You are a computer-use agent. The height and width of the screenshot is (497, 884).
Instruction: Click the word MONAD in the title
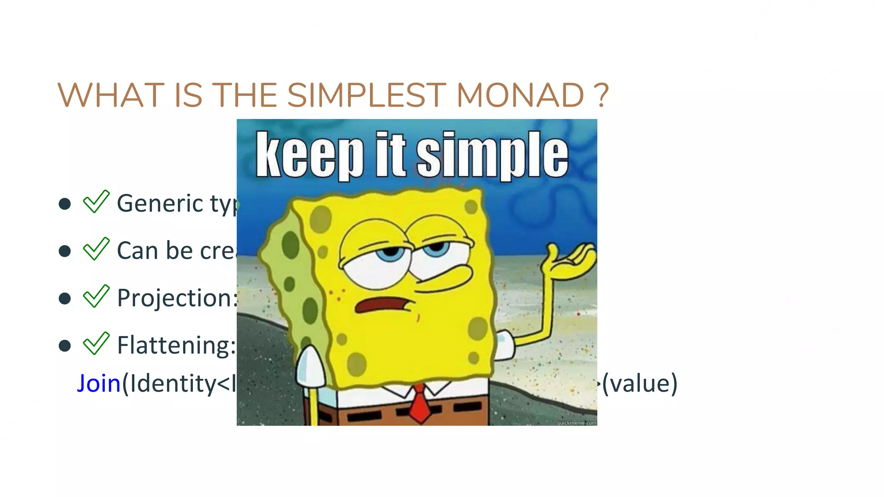[x=520, y=95]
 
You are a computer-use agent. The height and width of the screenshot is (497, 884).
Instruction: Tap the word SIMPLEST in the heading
[x=366, y=95]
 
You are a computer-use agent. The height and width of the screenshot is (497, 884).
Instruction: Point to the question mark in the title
[x=601, y=95]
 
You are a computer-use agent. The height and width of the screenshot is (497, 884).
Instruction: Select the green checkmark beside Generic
[x=96, y=202]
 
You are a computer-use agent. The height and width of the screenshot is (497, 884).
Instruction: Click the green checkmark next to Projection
[x=96, y=296]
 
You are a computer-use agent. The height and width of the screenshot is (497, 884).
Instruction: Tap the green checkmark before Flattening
[x=96, y=344]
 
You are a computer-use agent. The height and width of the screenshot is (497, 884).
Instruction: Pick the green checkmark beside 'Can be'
[x=96, y=249]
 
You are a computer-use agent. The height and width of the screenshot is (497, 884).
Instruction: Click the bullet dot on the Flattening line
[x=65, y=346]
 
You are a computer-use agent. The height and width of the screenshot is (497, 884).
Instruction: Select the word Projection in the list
[x=175, y=298]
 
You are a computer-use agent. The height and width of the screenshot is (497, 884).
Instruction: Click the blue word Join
[x=98, y=384]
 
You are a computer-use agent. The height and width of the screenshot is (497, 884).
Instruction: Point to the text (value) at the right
[x=640, y=384]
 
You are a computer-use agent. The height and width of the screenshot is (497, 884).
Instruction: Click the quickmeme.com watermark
[x=576, y=423]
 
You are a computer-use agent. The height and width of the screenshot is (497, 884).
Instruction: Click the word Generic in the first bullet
[x=160, y=203]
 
